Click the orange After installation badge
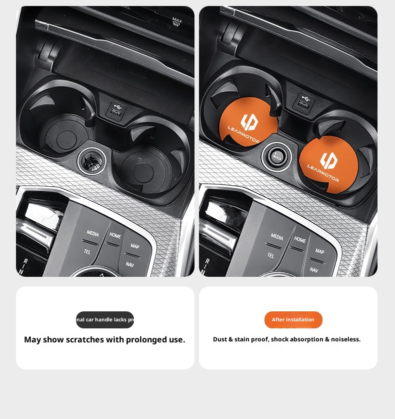(x=293, y=320)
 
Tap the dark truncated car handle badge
(x=105, y=320)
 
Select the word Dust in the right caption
(x=221, y=339)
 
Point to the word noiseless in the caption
(x=345, y=339)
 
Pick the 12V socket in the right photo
(x=276, y=156)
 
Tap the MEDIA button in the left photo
(x=92, y=234)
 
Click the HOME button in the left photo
(x=115, y=236)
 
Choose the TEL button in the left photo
(x=87, y=251)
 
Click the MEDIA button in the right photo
(x=276, y=237)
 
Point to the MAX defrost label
(x=176, y=22)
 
